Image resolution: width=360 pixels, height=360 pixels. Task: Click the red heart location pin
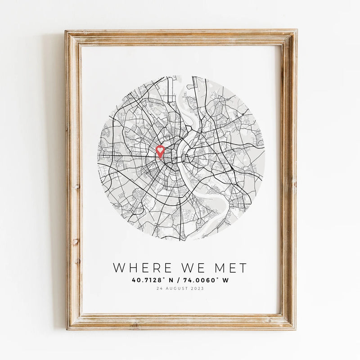[x=160, y=151]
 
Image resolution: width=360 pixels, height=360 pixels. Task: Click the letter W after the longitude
[x=225, y=280]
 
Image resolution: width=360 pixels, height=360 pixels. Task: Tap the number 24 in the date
[x=158, y=288]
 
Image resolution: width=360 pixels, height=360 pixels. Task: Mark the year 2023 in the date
[x=197, y=288]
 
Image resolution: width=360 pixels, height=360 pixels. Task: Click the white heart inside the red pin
[x=160, y=150]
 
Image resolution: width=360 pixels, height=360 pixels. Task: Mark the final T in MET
[x=243, y=268]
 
